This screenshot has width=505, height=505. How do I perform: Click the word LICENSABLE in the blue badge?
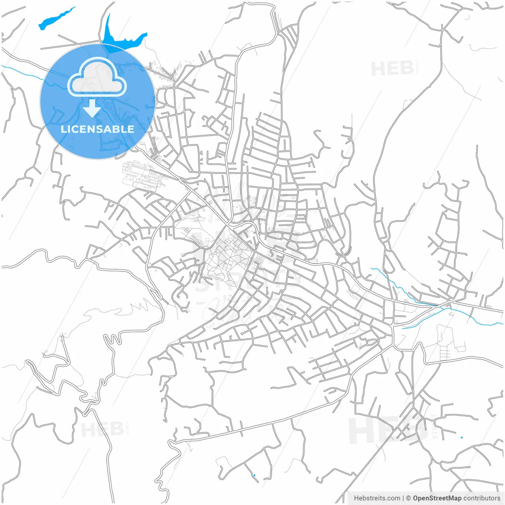tap(97, 129)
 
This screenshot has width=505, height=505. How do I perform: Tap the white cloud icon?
tap(97, 78)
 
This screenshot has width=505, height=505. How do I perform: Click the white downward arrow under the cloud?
tap(92, 109)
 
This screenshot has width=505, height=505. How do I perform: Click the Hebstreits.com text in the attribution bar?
tap(377, 498)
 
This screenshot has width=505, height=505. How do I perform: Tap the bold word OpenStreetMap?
tap(437, 498)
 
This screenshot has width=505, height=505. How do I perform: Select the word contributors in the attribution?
tap(482, 498)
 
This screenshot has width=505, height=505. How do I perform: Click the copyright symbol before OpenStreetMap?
tap(408, 498)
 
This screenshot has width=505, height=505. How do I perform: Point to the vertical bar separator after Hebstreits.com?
tap(403, 498)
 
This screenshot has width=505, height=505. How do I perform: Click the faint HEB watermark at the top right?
tap(392, 69)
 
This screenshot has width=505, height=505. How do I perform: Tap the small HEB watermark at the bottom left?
tap(102, 429)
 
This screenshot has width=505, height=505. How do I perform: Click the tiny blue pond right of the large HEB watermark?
tap(462, 438)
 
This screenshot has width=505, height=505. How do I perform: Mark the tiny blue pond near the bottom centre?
tap(254, 475)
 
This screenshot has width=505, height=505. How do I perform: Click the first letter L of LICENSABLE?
tap(64, 129)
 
